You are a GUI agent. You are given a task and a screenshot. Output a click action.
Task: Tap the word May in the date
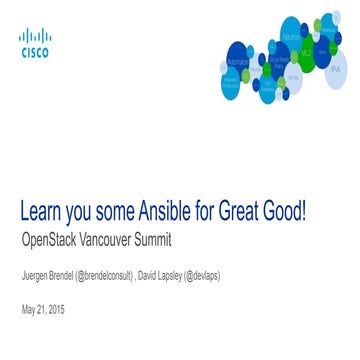(28, 309)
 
